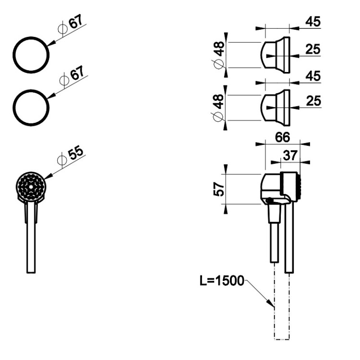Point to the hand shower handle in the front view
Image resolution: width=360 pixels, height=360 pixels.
[x=31, y=240]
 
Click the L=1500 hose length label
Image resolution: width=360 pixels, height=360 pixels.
[x=222, y=281]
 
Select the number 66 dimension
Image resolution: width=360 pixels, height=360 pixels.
[x=282, y=137]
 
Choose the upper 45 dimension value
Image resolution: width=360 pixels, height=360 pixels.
[x=313, y=22]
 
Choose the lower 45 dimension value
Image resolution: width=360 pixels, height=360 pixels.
[x=313, y=76]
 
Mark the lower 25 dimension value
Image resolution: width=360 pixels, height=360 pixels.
[x=313, y=101]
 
